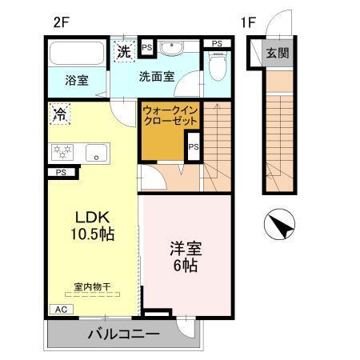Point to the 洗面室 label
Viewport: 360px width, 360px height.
pos(156,78)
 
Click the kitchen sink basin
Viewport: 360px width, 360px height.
pos(96,152)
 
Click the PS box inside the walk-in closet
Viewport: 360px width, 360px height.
pos(193,147)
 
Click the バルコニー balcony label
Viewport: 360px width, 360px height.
pos(123,334)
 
